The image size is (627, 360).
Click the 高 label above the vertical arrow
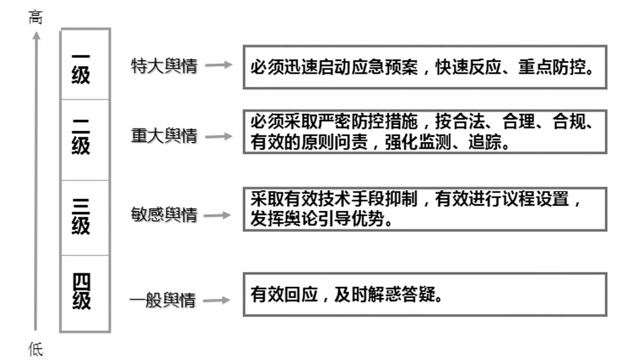coord(36,17)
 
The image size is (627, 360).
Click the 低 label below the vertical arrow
coord(36,349)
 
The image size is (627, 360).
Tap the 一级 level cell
coord(85,64)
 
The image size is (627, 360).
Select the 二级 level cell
coord(85,140)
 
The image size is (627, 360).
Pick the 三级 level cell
coord(85,218)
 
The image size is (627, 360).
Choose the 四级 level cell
coord(85,293)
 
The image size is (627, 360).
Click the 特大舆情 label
coord(164,66)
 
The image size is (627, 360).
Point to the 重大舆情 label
coord(164,136)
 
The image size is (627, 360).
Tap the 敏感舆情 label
coord(164,215)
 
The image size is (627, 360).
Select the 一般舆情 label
coord(163,300)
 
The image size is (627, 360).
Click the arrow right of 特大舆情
coord(219,65)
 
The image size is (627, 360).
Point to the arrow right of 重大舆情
coord(219,136)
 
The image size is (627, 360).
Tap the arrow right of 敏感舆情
coord(217,215)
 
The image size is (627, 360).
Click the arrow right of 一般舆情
coord(217,300)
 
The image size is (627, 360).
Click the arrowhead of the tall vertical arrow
coord(36,35)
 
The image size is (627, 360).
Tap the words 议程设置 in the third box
coord(535,199)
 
